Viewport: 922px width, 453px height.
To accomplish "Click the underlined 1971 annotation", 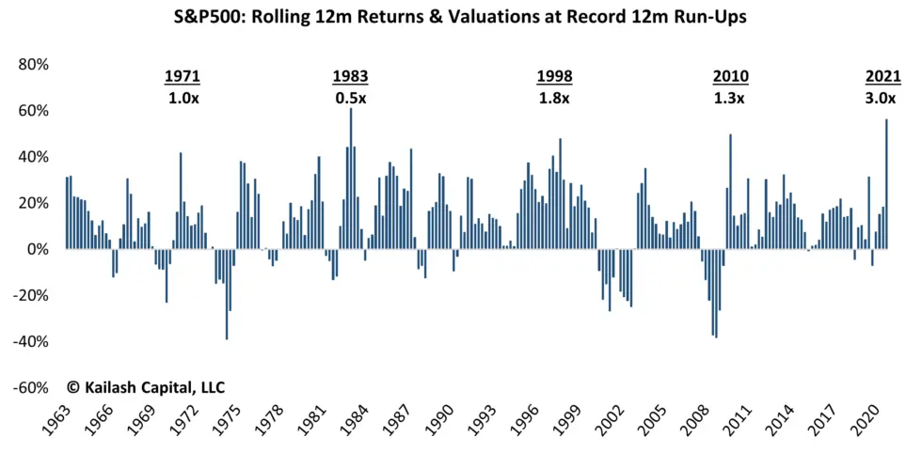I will tap(183, 77).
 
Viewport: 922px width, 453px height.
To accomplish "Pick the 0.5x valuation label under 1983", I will tap(350, 98).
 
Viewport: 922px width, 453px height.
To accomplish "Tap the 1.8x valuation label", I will tap(554, 98).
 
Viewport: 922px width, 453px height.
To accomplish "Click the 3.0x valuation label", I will tap(882, 98).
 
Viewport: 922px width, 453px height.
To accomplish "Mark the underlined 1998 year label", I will tap(554, 77).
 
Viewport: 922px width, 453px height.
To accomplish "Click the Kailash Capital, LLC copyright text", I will tap(146, 387).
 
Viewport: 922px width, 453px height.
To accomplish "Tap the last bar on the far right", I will tap(886, 184).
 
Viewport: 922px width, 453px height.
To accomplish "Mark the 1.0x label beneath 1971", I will tap(183, 98).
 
